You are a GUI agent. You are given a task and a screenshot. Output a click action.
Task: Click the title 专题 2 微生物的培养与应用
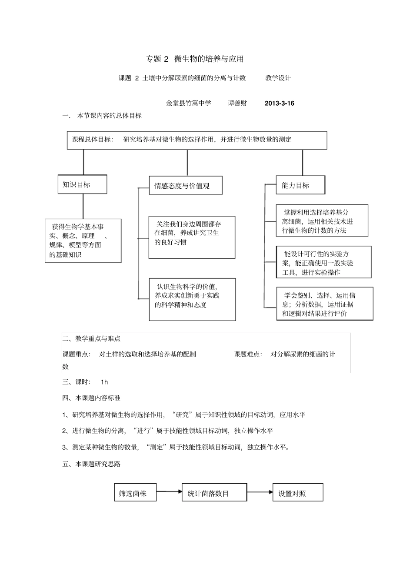pyautogui.click(x=194, y=59)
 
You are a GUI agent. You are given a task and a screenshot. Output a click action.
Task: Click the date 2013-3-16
pyautogui.click(x=279, y=104)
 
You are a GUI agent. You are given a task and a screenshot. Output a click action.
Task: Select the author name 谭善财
pyautogui.click(x=237, y=104)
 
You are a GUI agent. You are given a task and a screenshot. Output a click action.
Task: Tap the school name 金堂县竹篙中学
pyautogui.click(x=188, y=104)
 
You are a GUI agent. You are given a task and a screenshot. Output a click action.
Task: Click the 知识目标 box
pyautogui.click(x=82, y=184)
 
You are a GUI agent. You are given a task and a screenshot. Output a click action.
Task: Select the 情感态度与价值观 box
pyautogui.click(x=185, y=185)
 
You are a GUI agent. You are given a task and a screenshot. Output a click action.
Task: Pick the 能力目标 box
pyautogui.click(x=300, y=185)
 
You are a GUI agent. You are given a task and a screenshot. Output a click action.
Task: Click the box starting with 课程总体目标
pyautogui.click(x=197, y=140)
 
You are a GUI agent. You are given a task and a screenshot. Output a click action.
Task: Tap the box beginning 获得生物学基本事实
pyautogui.click(x=83, y=241)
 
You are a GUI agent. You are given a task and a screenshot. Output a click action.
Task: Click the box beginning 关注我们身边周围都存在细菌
pyautogui.click(x=192, y=237)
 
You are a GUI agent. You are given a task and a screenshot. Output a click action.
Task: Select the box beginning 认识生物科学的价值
pyautogui.click(x=192, y=299)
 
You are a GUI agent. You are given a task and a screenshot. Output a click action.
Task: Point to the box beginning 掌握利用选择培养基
pyautogui.click(x=322, y=221)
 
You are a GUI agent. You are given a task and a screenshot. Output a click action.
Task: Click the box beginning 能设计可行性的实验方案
pyautogui.click(x=323, y=262)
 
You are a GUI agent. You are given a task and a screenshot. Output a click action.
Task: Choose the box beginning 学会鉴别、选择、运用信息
pyautogui.click(x=324, y=304)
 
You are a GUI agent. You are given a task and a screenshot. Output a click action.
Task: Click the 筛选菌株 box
pyautogui.click(x=135, y=492)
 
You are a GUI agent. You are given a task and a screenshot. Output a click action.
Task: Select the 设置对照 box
pyautogui.click(x=297, y=492)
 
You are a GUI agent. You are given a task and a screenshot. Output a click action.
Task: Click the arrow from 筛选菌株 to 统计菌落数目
pyautogui.click(x=169, y=492)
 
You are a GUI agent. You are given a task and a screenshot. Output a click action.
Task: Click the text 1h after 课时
pyautogui.click(x=104, y=382)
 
